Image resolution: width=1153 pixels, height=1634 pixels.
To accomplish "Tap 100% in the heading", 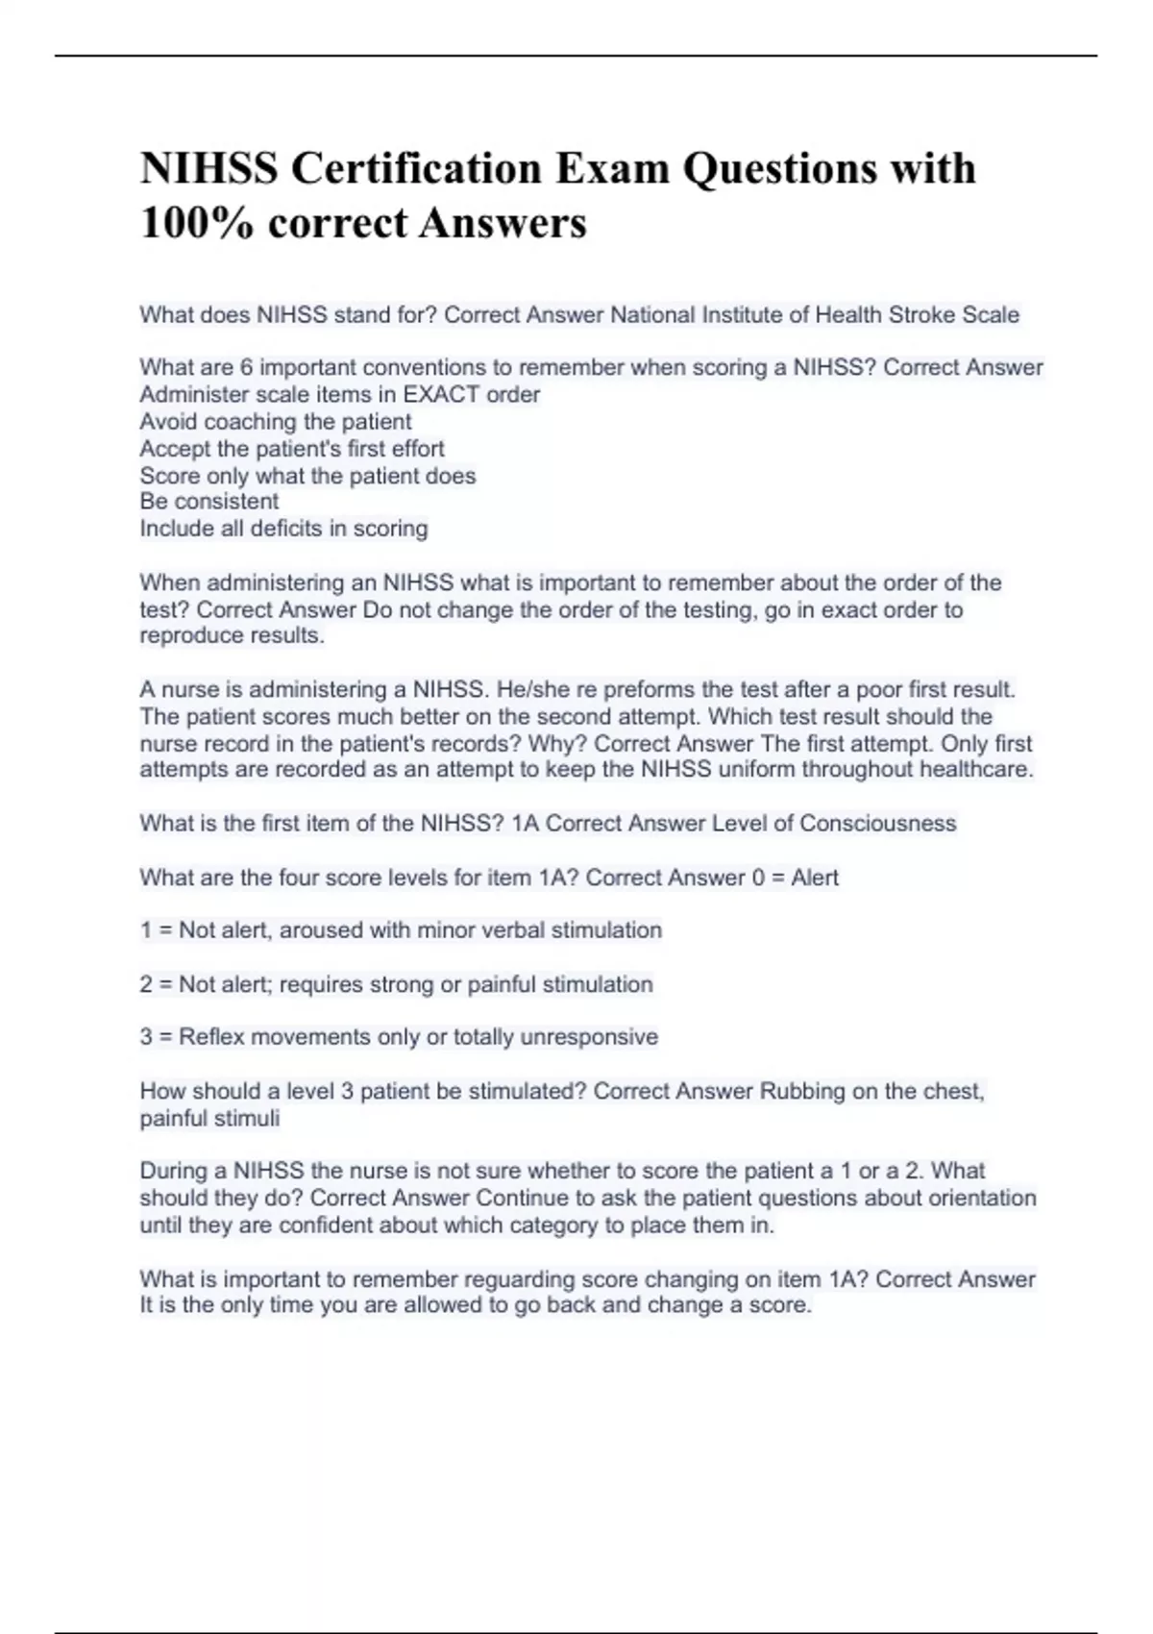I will click(x=197, y=223).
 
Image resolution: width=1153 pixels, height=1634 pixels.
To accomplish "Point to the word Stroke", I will click(x=922, y=314).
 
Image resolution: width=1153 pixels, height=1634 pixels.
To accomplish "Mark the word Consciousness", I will click(x=877, y=823).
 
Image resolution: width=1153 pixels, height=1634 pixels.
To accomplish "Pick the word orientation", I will click(x=982, y=1198).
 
